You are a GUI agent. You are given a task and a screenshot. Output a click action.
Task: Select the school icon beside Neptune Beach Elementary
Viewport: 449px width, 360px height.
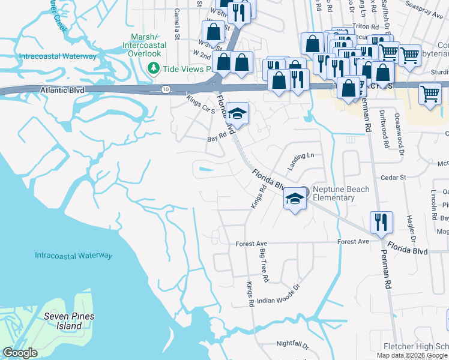(295, 199)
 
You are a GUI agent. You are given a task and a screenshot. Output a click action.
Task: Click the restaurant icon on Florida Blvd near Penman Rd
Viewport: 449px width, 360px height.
(381, 222)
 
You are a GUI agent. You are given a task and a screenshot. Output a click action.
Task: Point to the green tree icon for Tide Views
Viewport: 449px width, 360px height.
(154, 68)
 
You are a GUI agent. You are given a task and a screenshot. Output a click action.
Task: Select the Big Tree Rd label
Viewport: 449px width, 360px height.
(263, 267)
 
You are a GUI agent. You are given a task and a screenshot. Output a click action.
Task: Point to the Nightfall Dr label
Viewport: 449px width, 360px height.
(292, 346)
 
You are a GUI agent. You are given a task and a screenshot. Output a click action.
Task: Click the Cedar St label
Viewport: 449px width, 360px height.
(394, 178)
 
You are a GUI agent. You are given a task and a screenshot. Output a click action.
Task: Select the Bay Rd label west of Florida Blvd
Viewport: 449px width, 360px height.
(216, 137)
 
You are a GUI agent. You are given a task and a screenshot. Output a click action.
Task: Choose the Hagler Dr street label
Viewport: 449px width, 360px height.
(411, 219)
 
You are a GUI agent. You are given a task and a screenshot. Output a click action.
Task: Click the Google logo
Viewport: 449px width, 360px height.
(20, 353)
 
